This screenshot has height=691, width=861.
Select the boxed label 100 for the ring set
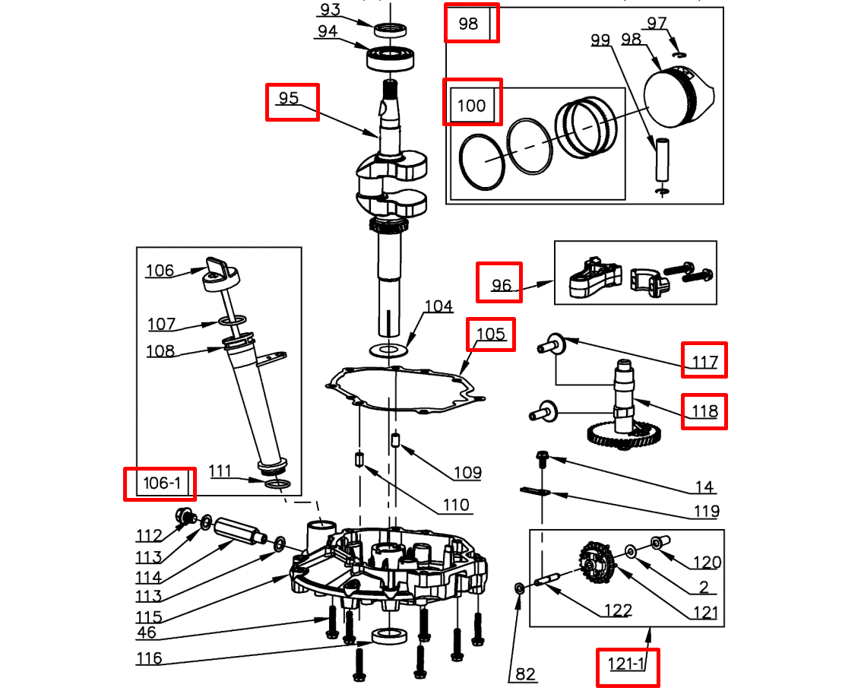[x=472, y=105]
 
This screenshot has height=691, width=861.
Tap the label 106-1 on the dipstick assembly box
[x=160, y=483]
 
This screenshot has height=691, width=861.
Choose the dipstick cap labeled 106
[x=220, y=272]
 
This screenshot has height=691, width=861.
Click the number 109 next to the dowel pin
[x=467, y=473]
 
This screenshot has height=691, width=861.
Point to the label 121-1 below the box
[x=626, y=665]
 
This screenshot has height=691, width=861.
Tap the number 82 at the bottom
[x=525, y=674]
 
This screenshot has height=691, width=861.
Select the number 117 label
[x=704, y=362]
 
